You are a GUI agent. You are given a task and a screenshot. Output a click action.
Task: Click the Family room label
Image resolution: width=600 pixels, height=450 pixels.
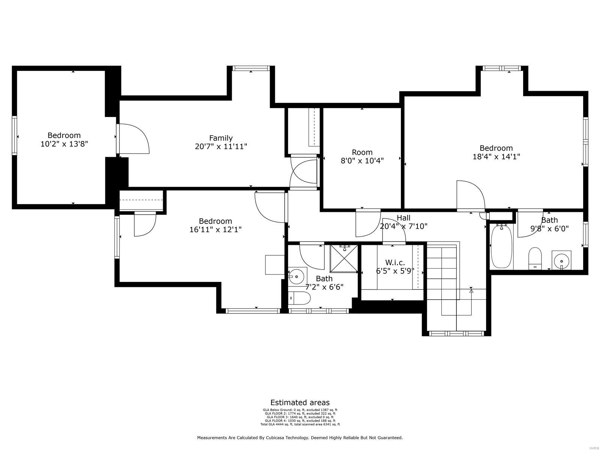[x=221, y=138]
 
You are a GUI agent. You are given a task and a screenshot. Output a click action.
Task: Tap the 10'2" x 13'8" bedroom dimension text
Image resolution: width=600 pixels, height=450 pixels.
[x=64, y=144]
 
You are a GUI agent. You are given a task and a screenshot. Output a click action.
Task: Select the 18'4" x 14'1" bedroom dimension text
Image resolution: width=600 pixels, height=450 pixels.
[x=496, y=157]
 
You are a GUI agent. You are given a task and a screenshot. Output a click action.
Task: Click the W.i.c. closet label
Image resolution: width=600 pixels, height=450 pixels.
[x=395, y=262]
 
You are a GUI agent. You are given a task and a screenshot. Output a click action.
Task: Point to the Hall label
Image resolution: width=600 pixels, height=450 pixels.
[x=403, y=218]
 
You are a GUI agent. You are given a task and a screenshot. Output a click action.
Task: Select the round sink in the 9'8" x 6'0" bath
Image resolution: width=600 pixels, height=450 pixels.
[x=561, y=259]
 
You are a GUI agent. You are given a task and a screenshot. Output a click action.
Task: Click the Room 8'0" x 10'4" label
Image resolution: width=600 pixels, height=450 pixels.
[x=362, y=152]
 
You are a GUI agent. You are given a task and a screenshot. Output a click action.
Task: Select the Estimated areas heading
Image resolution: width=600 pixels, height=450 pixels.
[x=300, y=403]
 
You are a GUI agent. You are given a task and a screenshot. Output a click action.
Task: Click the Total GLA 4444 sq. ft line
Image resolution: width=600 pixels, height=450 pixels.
[x=300, y=424]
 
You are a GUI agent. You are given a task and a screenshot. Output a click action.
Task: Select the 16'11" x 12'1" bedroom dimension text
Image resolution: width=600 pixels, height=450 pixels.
[x=215, y=229]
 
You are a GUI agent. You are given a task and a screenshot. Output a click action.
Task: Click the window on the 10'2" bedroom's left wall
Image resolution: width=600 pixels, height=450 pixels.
[x=14, y=135]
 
